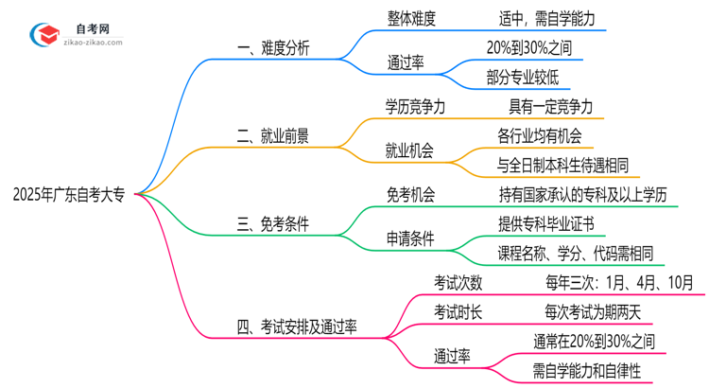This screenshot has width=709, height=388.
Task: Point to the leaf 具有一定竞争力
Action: pyautogui.click(x=551, y=107)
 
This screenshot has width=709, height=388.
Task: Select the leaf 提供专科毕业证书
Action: pyautogui.click(x=545, y=224)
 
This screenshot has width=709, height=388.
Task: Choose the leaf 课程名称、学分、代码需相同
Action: pyautogui.click(x=576, y=254)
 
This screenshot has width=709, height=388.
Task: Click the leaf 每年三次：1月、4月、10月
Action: pyautogui.click(x=605, y=282)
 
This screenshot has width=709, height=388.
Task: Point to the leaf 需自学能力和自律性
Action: pyautogui.click(x=586, y=371)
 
